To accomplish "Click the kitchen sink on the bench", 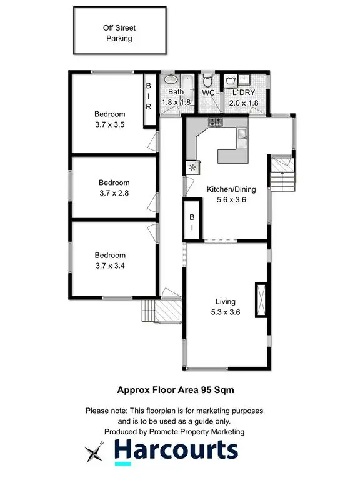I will tap(242, 136).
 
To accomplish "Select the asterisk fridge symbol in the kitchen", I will tap(192, 167).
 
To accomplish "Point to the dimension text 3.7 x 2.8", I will tap(113, 194).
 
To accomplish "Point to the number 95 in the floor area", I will tap(207, 389).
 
